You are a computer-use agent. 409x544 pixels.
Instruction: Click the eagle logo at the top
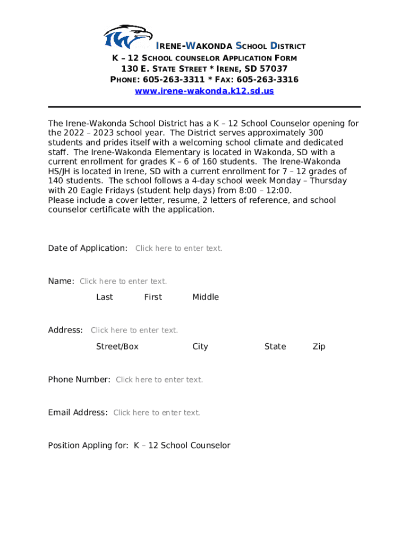(x=127, y=38)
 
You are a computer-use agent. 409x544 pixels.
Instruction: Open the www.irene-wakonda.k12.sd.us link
(x=204, y=91)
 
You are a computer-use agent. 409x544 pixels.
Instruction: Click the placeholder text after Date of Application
(x=179, y=248)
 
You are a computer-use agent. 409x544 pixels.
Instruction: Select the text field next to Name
(x=123, y=281)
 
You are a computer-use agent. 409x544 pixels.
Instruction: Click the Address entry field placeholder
(x=134, y=330)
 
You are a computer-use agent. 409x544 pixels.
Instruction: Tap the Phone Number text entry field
(x=159, y=379)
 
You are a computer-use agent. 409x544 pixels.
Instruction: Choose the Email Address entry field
(x=157, y=412)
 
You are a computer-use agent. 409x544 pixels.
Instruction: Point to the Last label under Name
(x=105, y=297)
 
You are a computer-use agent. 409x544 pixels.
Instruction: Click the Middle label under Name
(x=206, y=297)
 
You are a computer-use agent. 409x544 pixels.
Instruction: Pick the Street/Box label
(x=117, y=346)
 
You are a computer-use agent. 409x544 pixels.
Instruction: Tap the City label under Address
(x=200, y=346)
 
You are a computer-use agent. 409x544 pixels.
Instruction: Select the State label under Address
(x=275, y=346)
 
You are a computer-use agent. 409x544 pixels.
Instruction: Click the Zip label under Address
(x=319, y=346)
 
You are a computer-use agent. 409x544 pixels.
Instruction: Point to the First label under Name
(x=153, y=297)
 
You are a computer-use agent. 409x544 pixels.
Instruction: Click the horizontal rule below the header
(x=204, y=107)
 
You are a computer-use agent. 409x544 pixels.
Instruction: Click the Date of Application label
(x=88, y=248)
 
